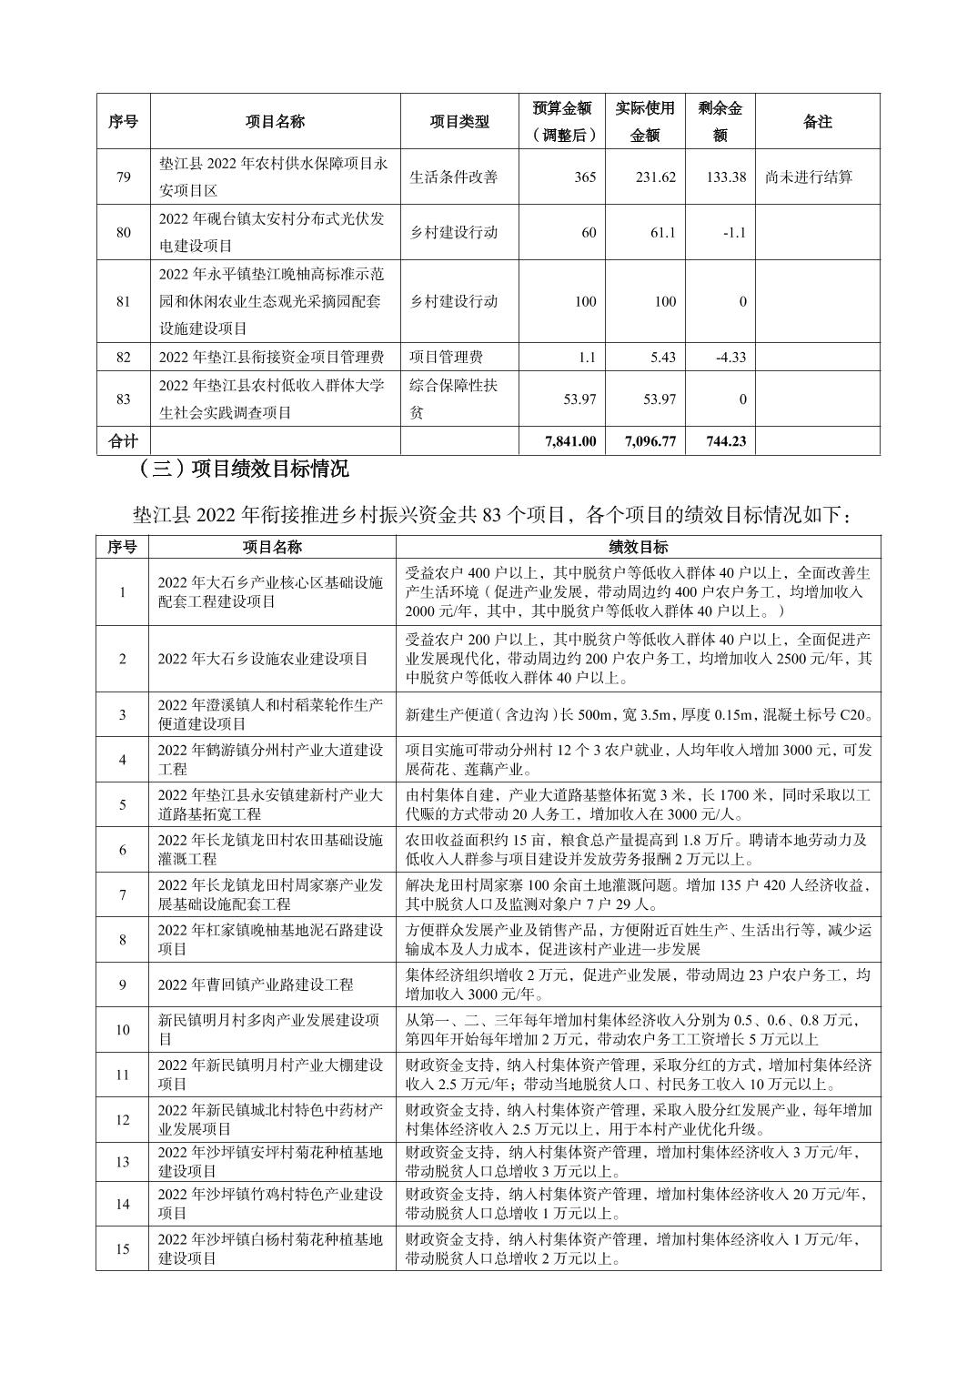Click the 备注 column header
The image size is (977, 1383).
coord(817,121)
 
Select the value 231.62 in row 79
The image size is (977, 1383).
coord(655,177)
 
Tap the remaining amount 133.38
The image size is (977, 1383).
coord(726,177)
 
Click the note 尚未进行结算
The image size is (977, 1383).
coord(810,177)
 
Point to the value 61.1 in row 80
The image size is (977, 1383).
coord(663,232)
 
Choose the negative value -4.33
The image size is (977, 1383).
coord(730,357)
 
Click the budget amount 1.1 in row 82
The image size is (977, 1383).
coord(587,357)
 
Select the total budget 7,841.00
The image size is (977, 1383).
coord(570,441)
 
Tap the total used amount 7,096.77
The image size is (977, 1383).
coord(650,441)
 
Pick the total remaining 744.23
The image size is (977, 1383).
coord(725,441)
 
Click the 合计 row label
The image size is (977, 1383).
coord(123,441)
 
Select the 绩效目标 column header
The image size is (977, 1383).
coord(638,547)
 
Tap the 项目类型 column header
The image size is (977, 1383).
coord(458,121)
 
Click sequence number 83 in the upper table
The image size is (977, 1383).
coord(123,399)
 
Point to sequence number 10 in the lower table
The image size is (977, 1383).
coord(123,1030)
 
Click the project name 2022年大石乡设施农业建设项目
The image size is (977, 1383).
coord(263,659)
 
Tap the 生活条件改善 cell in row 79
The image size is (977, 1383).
coord(454,177)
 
